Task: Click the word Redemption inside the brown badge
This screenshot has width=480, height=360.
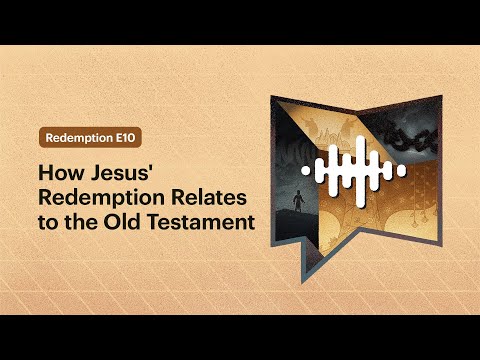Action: tap(79, 138)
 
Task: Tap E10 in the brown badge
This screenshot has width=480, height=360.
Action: tap(126, 138)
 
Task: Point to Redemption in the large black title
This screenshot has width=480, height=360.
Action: tap(102, 198)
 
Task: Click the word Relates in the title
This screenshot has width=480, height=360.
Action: tap(209, 197)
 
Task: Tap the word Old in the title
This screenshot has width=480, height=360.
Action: tap(121, 222)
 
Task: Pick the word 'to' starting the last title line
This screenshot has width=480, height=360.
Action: tap(48, 223)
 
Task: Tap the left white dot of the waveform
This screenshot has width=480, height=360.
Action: tap(306, 170)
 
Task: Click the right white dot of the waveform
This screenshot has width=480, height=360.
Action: tap(402, 170)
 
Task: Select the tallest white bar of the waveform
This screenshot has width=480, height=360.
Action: tap(360, 172)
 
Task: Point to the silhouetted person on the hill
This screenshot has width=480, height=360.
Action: tap(298, 201)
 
